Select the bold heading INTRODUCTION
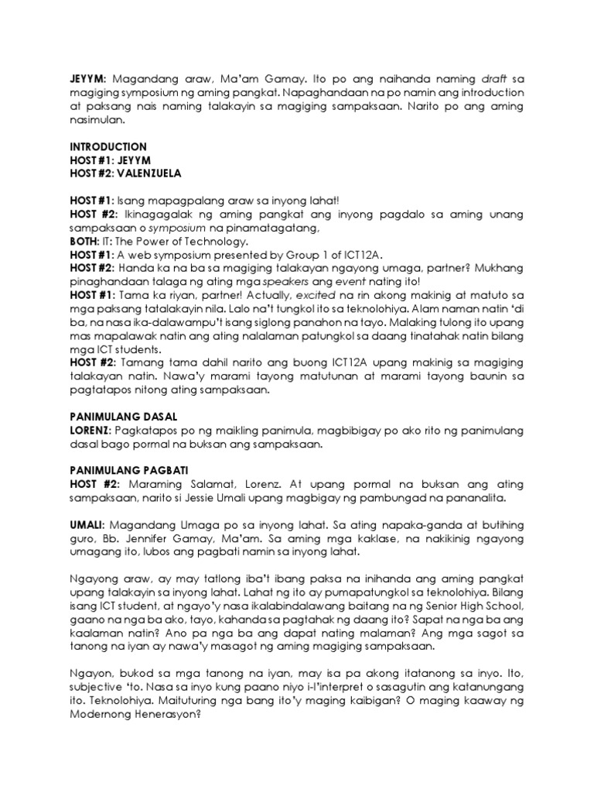pyautogui.click(x=108, y=146)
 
